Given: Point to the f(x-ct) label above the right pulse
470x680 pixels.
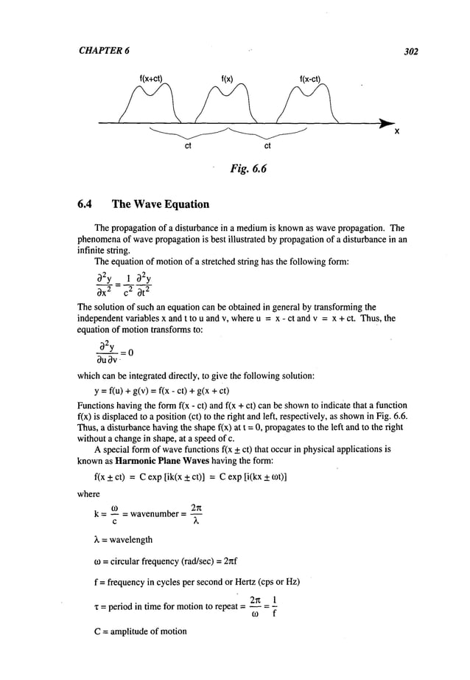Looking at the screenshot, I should point(309,79).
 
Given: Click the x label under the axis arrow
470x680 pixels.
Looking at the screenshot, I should point(396,133).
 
